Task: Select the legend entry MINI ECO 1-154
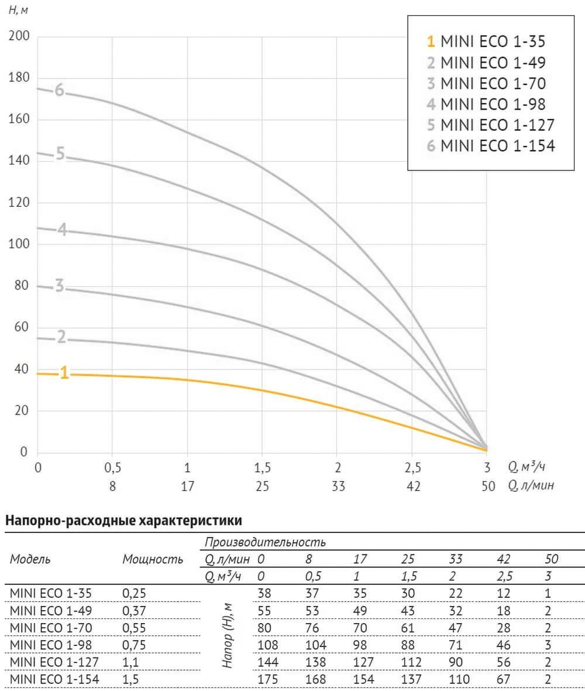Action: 490,146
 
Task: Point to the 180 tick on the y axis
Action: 19,78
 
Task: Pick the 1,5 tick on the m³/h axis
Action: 263,467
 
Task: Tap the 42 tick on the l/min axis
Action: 413,486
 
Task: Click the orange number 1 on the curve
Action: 64,373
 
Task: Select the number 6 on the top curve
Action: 59,91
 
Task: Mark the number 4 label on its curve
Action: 61,230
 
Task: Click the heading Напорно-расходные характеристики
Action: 123,519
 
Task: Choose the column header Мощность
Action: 153,559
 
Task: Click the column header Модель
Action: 30,559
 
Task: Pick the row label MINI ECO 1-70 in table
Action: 51,627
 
